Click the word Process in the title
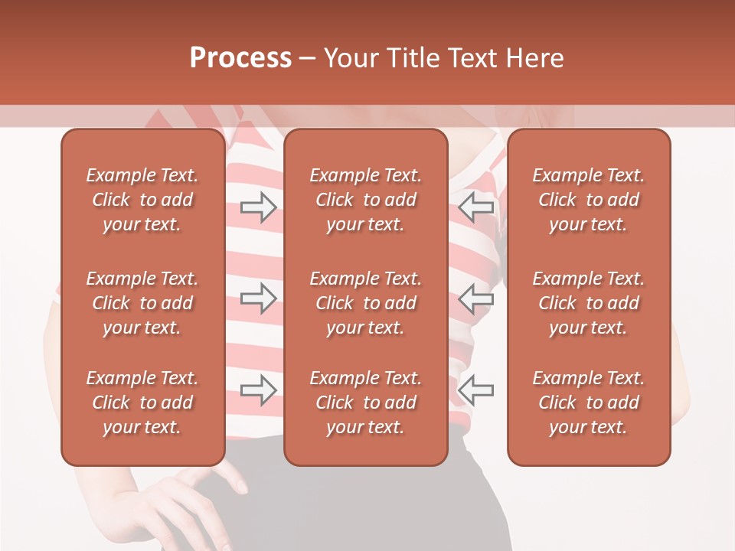coord(240,58)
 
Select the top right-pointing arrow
coord(258,207)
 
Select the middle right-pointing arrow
coord(258,298)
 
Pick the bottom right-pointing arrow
coord(258,390)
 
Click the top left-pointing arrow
coord(476,207)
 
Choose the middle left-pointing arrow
coord(476,298)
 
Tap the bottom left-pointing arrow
coord(476,390)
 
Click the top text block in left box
coord(142,200)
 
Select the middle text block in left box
coord(142,303)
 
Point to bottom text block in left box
coord(142,403)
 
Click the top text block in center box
coord(365,200)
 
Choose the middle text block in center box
coord(365,303)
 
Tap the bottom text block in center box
coord(365,403)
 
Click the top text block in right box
coord(588,200)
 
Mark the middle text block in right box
coord(588,303)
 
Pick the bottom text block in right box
coord(588,403)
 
